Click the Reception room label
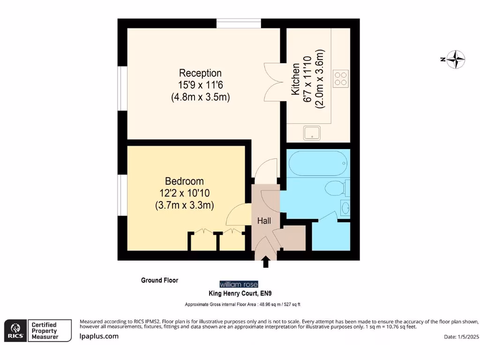(200, 74)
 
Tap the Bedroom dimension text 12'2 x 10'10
(184, 193)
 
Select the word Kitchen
(296, 80)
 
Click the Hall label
(264, 221)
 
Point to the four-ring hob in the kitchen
(341, 78)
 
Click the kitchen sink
(313, 133)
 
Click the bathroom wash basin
(345, 207)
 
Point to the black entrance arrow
(266, 262)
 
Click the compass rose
(455, 60)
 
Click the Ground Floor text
(160, 280)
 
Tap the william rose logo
(239, 284)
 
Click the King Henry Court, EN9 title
(240, 293)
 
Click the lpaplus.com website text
(99, 336)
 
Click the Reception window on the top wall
(239, 23)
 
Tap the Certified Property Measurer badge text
(44, 331)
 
